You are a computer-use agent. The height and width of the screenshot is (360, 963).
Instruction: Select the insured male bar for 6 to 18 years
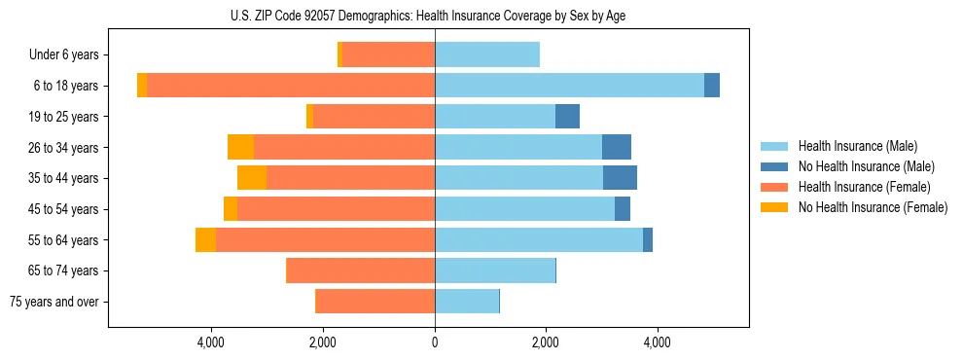(x=569, y=86)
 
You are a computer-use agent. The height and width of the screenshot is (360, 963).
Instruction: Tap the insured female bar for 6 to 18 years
(x=290, y=86)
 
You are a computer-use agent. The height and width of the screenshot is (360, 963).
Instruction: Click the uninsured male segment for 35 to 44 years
(x=620, y=178)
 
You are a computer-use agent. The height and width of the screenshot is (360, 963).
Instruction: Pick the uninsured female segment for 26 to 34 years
(x=240, y=147)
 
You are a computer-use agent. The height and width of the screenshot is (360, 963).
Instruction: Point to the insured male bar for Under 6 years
(x=486, y=54)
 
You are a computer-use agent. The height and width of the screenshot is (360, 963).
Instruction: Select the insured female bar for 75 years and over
(x=375, y=302)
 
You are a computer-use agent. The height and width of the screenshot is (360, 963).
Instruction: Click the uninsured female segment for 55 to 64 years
(x=205, y=240)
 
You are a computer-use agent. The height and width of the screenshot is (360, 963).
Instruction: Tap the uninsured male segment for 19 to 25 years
(x=567, y=117)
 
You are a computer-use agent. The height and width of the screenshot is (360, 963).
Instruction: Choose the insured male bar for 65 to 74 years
(x=494, y=270)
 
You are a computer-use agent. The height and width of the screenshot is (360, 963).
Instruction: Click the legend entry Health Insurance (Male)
(x=857, y=146)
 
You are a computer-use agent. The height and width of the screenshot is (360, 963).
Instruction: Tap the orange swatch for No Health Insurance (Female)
(x=775, y=207)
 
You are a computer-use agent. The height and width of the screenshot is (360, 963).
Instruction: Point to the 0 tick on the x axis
(x=435, y=342)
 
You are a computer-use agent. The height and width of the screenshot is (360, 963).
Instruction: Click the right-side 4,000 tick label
(x=657, y=342)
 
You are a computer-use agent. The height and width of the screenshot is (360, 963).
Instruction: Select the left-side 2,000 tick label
(x=323, y=342)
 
